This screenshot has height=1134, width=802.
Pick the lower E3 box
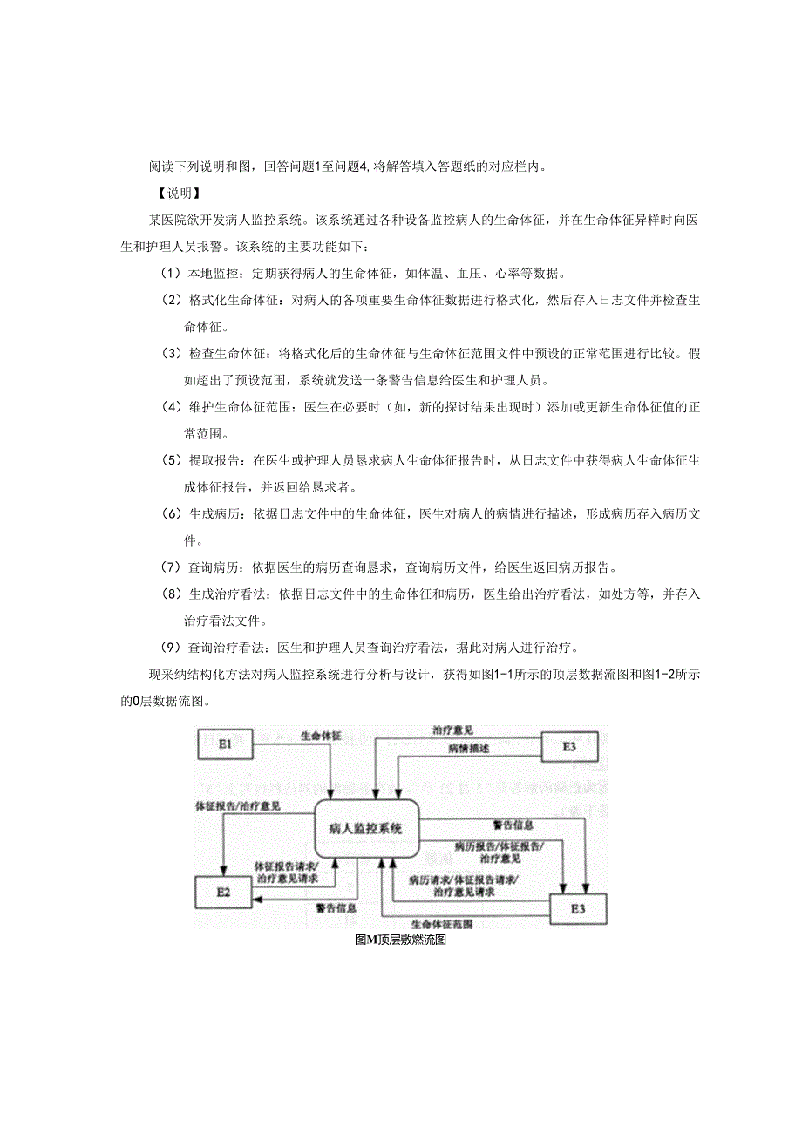point(578,908)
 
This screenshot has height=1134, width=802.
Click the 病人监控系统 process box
point(366,828)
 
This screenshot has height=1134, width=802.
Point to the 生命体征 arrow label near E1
point(321,736)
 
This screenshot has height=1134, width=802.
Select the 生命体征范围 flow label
point(442,923)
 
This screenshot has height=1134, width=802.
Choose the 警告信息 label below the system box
point(336,907)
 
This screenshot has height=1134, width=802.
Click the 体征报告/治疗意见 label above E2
point(237,807)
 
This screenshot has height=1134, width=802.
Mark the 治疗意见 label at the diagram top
point(453,730)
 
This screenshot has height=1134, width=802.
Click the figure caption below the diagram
point(401,940)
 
